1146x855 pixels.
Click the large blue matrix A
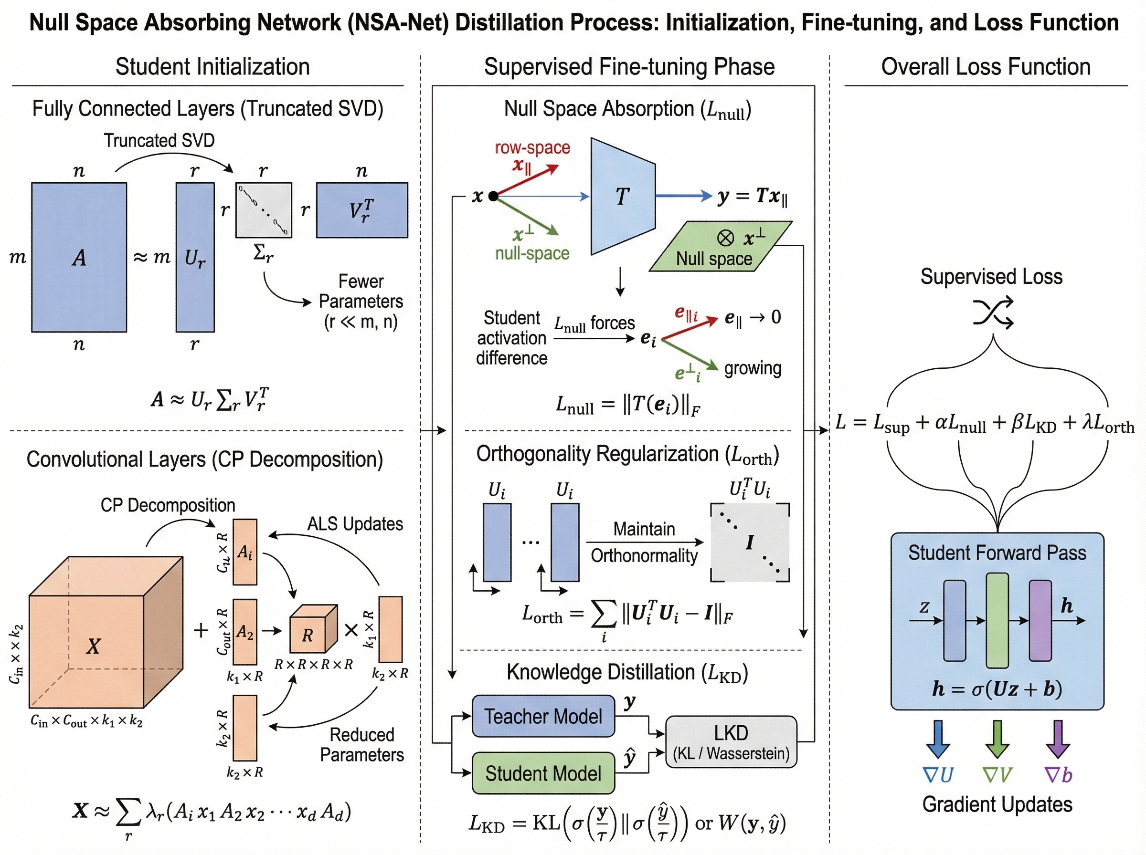point(79,257)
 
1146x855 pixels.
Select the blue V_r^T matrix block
point(361,209)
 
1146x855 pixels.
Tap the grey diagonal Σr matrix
point(264,209)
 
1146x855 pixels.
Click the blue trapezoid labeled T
point(623,196)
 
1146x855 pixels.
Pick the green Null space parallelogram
point(720,247)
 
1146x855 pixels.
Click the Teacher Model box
point(543,716)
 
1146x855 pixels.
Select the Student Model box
point(543,773)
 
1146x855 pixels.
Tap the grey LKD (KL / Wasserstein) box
point(731,741)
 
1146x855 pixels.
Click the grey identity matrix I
point(749,542)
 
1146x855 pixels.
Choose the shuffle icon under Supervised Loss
point(993,312)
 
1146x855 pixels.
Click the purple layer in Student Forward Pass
point(1040,620)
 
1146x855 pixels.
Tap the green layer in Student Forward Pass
point(997,620)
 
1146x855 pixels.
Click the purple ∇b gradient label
point(1058,775)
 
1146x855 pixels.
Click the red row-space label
point(532,147)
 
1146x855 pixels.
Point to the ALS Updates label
point(355,524)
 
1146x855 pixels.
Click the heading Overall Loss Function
point(986,67)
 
